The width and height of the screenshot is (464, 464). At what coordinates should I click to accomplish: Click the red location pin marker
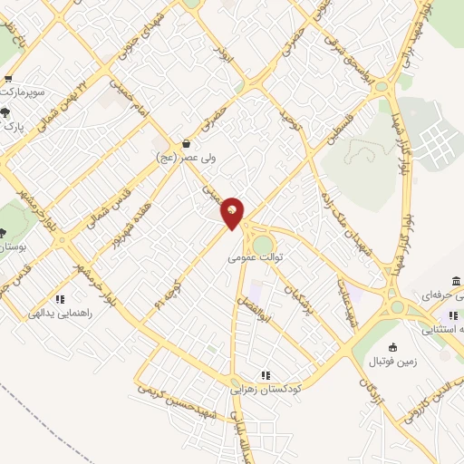point(232,213)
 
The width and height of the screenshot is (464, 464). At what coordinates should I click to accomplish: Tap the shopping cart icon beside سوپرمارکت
point(8,80)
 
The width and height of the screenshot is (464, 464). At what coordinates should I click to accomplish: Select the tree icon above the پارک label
point(7,112)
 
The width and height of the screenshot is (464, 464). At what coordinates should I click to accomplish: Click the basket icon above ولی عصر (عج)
point(186,143)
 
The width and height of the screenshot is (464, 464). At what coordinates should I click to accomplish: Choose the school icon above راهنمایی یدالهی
point(60,298)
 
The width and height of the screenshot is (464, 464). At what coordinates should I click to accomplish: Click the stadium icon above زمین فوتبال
point(392,347)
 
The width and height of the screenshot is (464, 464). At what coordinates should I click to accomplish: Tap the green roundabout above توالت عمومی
point(262,243)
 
